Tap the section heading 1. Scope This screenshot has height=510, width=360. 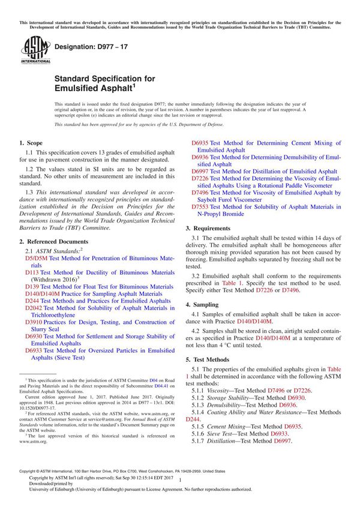click(x=31, y=143)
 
